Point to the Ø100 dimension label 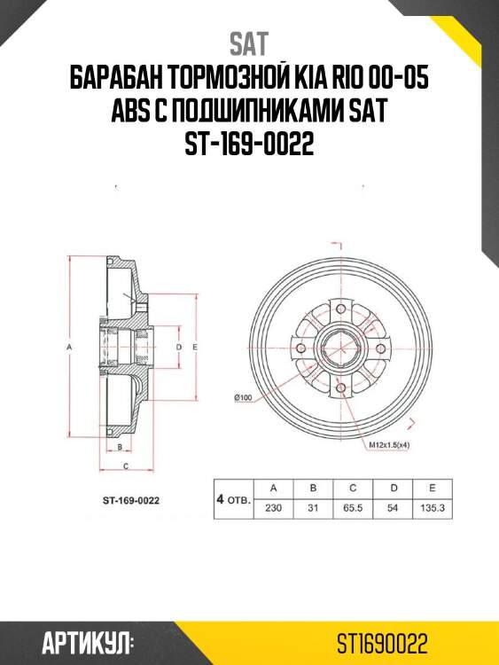coord(243,396)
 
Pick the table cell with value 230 coord(274,507)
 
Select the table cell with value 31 coord(313,507)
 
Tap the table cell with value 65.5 coord(353,507)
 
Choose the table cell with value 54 coord(393,507)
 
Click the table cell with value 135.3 coord(432,507)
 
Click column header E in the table coord(432,488)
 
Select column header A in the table coord(274,488)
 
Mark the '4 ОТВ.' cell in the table coord(233,498)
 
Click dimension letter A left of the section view coord(68,348)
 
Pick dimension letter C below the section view coord(127,465)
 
